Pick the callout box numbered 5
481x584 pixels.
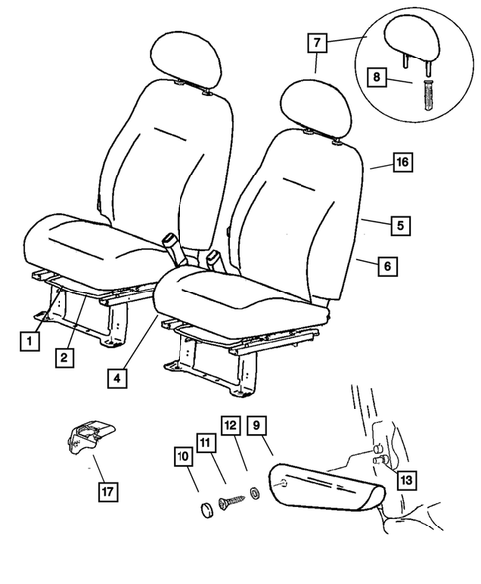point(398,227)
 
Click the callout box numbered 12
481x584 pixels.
point(230,425)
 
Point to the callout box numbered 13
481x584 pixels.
point(405,480)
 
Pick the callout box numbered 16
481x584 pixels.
point(401,161)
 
